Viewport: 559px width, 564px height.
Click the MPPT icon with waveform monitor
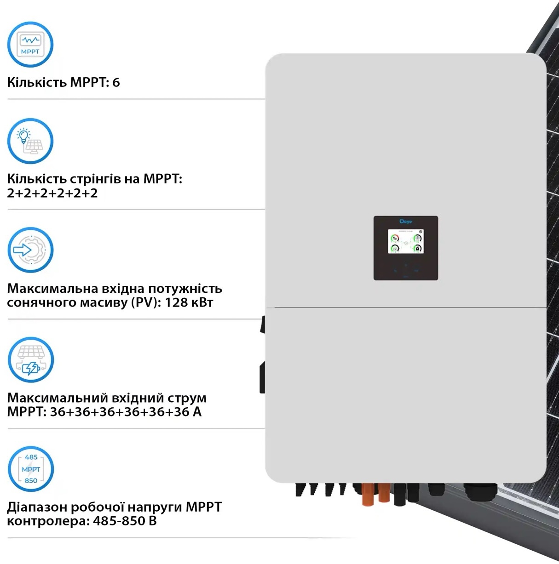tap(30, 45)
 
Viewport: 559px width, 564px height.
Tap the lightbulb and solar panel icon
tap(30, 141)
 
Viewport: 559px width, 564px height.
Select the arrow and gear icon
tap(30, 250)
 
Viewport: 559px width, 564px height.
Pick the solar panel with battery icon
tap(30, 360)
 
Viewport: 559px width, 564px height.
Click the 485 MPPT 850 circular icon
tap(31, 469)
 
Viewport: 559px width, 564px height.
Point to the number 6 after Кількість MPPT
tap(116, 83)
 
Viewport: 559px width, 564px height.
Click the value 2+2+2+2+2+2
tap(52, 193)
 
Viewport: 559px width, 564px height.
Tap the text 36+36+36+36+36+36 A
tap(126, 412)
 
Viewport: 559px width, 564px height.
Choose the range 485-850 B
tap(125, 521)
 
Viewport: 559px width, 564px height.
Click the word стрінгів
tap(96, 179)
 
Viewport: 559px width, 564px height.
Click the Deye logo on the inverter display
tap(406, 222)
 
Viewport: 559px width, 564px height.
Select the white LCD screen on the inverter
tap(406, 241)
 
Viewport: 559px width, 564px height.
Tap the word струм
tap(186, 398)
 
